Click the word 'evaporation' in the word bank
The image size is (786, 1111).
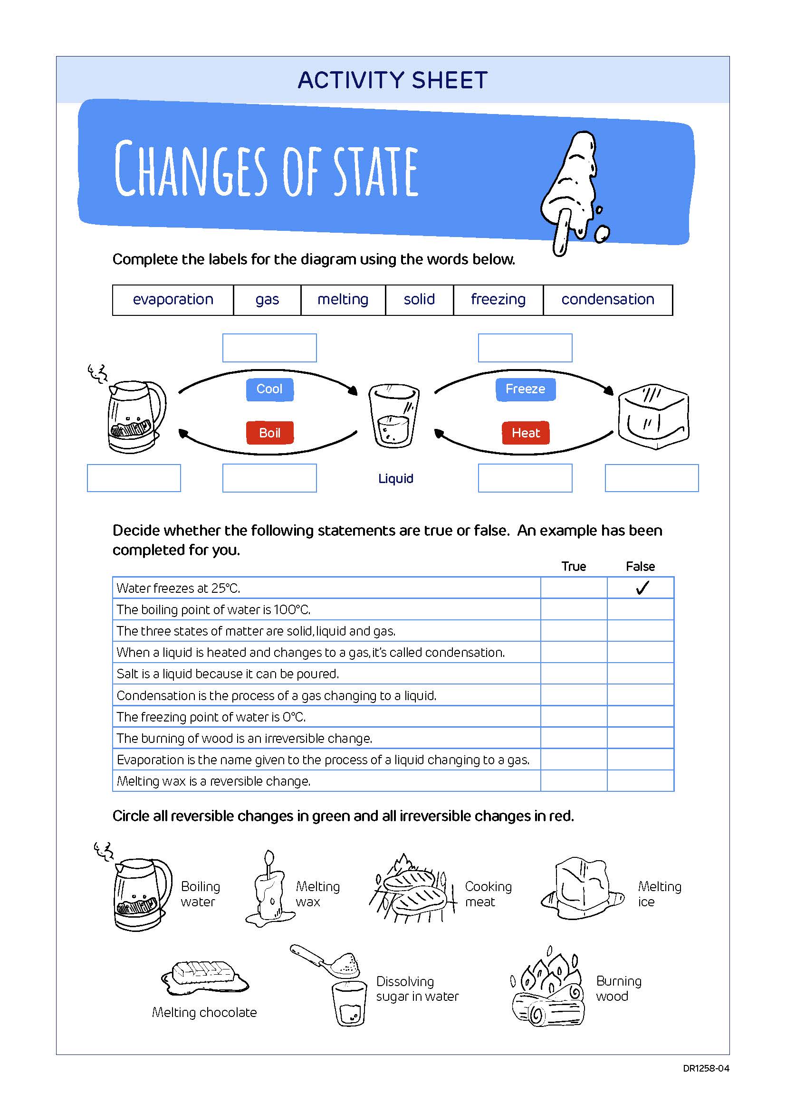click(173, 300)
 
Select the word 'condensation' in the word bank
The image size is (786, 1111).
click(607, 300)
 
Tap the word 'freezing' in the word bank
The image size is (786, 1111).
click(498, 300)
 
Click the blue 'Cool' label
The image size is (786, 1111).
click(269, 389)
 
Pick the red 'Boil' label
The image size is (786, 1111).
click(269, 433)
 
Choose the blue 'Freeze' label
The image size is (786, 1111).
click(525, 389)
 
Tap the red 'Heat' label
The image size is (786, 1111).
click(526, 433)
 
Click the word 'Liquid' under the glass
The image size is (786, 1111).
click(395, 479)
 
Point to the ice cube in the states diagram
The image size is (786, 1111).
click(653, 416)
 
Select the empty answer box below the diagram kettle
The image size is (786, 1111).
click(134, 478)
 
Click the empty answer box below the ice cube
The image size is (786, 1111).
click(652, 478)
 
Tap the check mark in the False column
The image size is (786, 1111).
click(642, 588)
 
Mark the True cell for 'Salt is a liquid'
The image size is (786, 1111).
click(574, 674)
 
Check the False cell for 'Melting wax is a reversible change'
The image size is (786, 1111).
click(640, 781)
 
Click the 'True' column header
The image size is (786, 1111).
click(574, 567)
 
